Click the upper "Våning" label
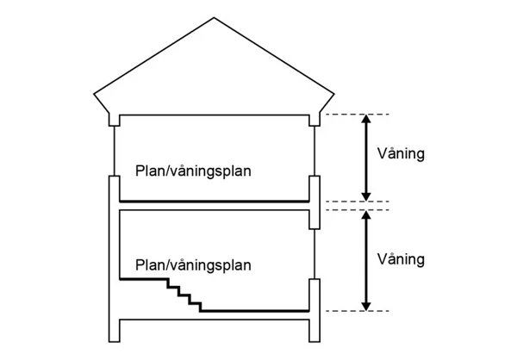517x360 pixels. pyautogui.click(x=402, y=155)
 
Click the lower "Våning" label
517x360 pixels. pyautogui.click(x=402, y=258)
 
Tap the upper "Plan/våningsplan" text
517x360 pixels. pyautogui.click(x=193, y=171)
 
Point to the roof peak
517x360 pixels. pyautogui.click(x=214, y=18)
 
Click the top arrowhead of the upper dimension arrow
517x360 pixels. pyautogui.click(x=367, y=120)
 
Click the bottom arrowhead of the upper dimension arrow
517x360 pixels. pyautogui.click(x=367, y=196)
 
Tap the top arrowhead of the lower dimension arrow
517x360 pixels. pyautogui.click(x=367, y=215)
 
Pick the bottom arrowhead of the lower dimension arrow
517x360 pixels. pyautogui.click(x=367, y=305)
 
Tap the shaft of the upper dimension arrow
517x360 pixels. pyautogui.click(x=367, y=158)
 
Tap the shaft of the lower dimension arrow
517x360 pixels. pyautogui.click(x=367, y=260)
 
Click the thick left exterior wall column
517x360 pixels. pyautogui.click(x=113, y=258)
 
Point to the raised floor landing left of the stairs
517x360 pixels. pyautogui.click(x=141, y=278)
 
